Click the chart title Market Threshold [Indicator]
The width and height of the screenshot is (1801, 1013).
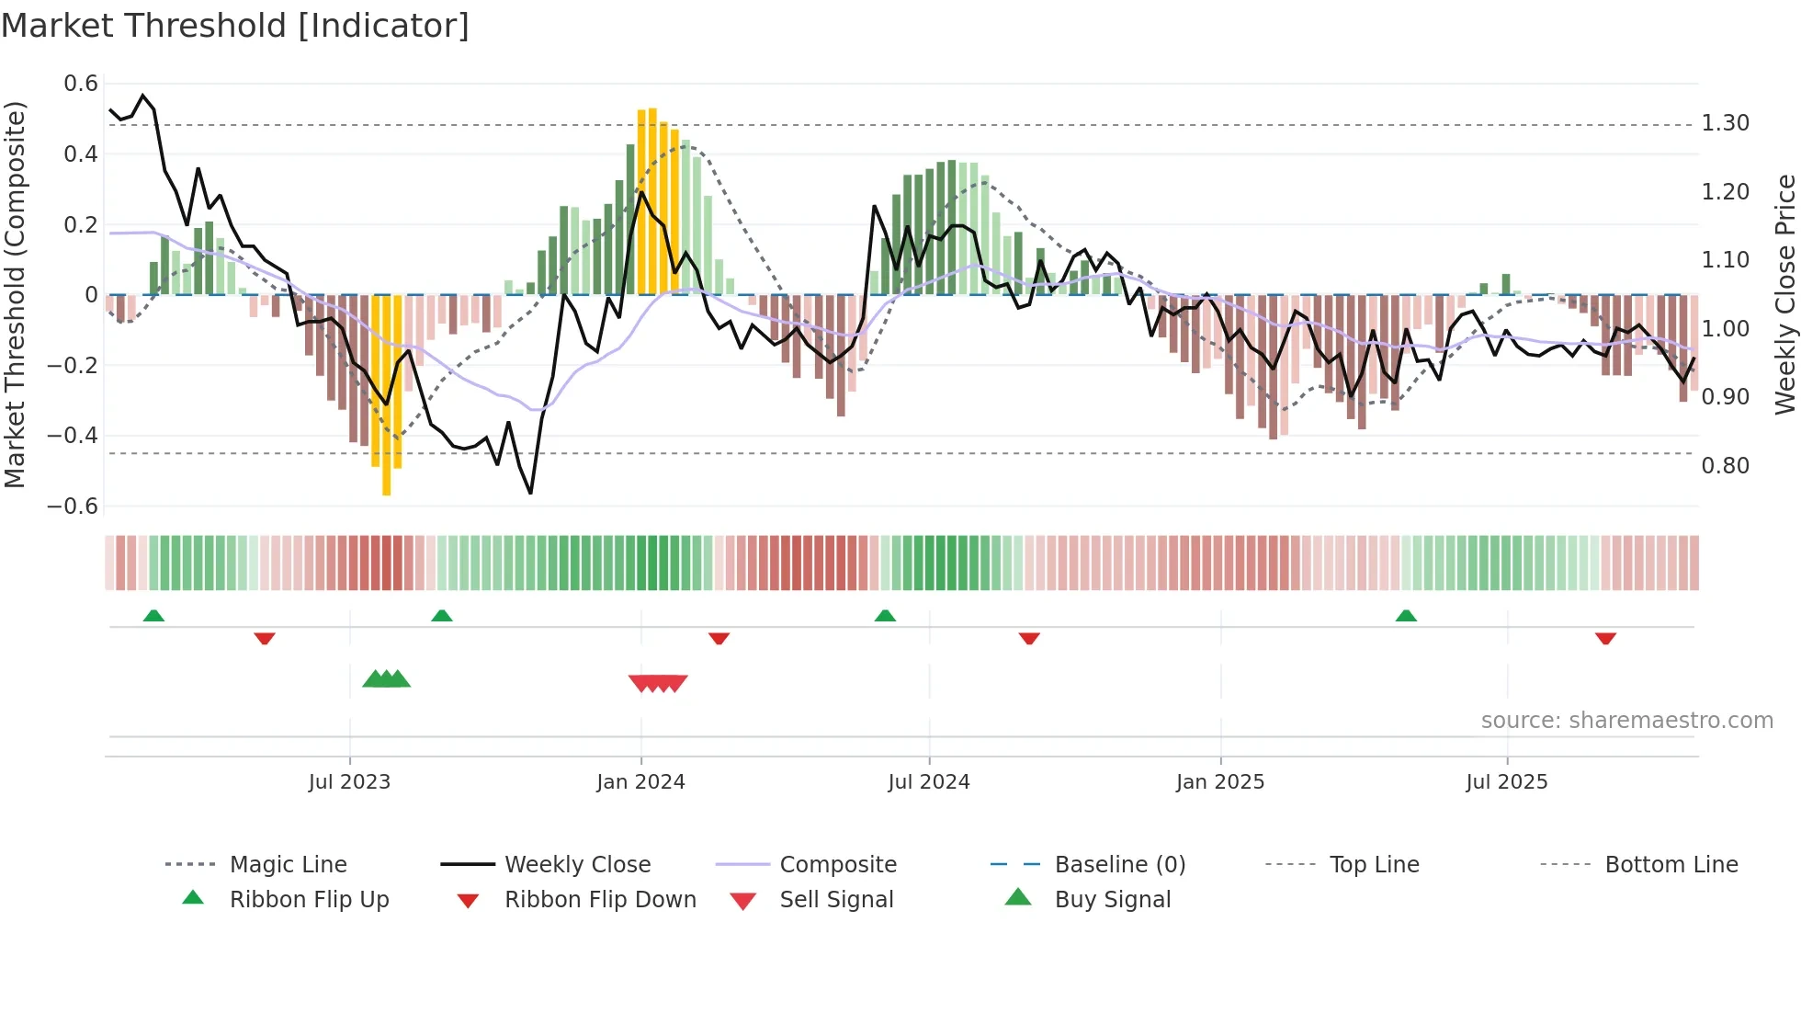pos(235,26)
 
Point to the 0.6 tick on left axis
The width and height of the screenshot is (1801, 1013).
pos(81,84)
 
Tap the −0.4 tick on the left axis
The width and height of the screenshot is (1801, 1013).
pos(74,436)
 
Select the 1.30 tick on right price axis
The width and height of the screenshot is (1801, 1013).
pos(1725,123)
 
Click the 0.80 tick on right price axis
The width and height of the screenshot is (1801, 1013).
pos(1725,466)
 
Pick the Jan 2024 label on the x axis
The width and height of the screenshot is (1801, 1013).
pos(640,782)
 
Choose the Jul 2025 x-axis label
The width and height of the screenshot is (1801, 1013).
pos(1506,782)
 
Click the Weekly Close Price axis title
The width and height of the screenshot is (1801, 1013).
pos(1784,294)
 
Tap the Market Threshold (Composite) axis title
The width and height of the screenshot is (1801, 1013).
pos(16,294)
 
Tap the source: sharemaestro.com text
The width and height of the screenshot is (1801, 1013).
pos(1626,721)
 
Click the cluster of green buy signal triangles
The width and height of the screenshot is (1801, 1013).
pos(386,679)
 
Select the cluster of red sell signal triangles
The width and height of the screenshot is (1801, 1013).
pos(658,683)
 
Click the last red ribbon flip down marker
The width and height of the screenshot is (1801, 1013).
pos(1605,638)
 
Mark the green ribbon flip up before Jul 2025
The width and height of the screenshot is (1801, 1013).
pos(1406,616)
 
